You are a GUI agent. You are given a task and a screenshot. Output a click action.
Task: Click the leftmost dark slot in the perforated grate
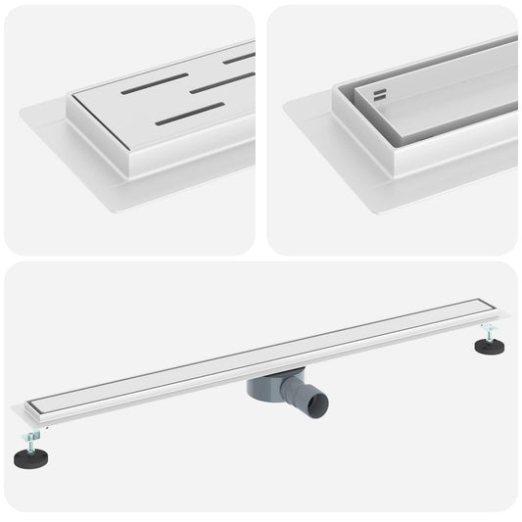click(x=154, y=83)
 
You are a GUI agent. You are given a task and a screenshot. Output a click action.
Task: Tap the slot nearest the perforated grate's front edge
click(x=190, y=114)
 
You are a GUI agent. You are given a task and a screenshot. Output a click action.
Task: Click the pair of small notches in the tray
click(x=379, y=95)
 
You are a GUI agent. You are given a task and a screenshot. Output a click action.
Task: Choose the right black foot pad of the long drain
click(x=489, y=346)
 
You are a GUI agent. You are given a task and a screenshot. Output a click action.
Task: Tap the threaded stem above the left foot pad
click(x=35, y=440)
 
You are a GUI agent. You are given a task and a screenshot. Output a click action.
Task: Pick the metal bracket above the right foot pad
click(x=486, y=328)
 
